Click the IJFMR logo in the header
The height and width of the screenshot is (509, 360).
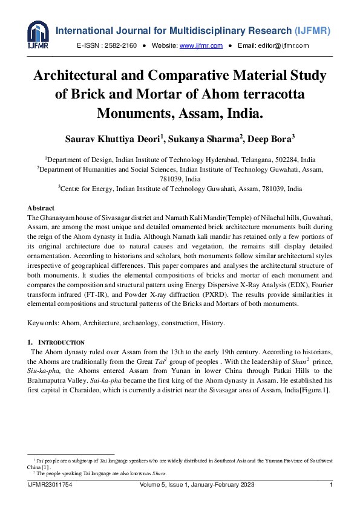pos(38,35)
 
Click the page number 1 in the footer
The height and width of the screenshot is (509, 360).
pos(331,485)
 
